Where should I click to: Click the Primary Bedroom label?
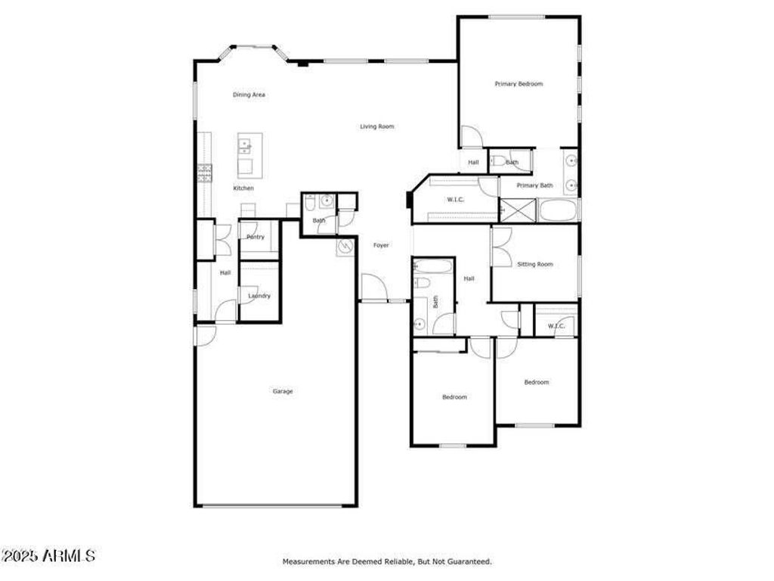click(519, 84)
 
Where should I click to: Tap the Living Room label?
click(377, 126)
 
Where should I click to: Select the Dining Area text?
click(249, 95)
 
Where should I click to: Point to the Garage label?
click(283, 391)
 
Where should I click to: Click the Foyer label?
click(381, 245)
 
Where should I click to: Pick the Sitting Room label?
click(535, 264)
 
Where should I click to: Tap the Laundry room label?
click(259, 296)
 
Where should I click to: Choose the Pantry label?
click(255, 237)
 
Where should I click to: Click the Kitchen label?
click(243, 188)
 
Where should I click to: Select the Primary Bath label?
click(534, 185)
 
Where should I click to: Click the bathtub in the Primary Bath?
click(558, 210)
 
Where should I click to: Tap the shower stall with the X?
click(518, 210)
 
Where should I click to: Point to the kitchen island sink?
click(245, 145)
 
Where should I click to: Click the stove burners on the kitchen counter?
click(205, 173)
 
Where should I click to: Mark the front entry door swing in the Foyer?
click(373, 287)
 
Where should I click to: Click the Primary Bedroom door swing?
click(471, 136)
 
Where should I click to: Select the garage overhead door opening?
click(272, 505)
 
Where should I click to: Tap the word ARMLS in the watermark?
click(69, 556)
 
